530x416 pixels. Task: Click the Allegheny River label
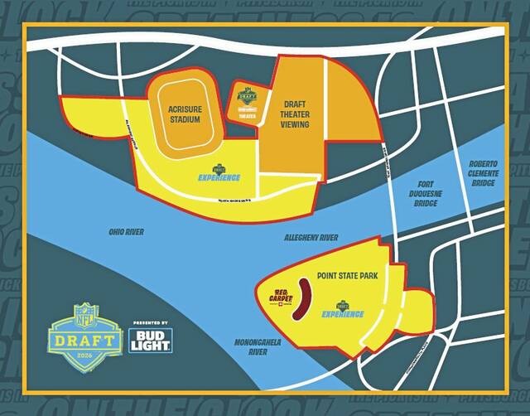[310, 238]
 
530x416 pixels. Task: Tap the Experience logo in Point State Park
[343, 310]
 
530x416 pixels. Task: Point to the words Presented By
[150, 322]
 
